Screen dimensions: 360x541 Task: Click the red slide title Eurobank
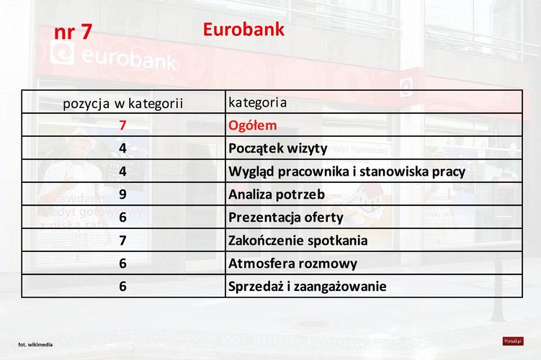(x=243, y=30)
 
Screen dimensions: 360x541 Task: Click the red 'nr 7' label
(x=73, y=32)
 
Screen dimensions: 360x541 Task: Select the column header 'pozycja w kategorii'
(x=123, y=103)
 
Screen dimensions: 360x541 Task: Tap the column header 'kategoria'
(x=257, y=102)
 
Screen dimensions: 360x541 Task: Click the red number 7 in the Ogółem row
(x=123, y=125)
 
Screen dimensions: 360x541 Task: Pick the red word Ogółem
(x=252, y=125)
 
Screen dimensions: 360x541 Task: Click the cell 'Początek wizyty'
(x=277, y=148)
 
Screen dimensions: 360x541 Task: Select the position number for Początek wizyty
(x=123, y=148)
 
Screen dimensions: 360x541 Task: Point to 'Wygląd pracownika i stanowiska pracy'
(x=346, y=171)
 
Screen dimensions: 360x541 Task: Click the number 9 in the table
(x=123, y=194)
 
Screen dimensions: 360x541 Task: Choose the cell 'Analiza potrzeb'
(x=276, y=194)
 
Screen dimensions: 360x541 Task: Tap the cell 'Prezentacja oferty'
(x=285, y=217)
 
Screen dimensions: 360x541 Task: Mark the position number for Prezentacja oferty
(x=123, y=217)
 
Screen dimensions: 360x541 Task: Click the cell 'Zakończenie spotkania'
(x=298, y=240)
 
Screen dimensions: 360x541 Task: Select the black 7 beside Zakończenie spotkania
(x=123, y=240)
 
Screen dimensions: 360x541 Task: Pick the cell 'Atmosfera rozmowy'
(x=292, y=264)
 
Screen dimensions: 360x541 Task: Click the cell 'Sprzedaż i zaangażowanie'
(x=307, y=287)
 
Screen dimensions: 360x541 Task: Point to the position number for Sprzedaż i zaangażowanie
(x=123, y=287)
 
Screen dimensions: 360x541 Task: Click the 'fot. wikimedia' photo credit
(x=35, y=345)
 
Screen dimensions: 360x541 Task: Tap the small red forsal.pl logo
(x=513, y=341)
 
